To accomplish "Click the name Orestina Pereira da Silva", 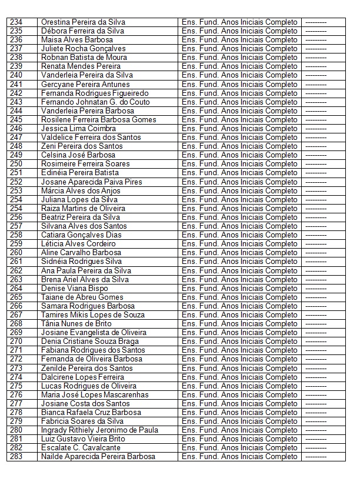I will coord(83,22).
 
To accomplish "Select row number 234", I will coord(16,22).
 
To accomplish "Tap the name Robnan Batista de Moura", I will coord(83,58).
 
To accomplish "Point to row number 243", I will coord(16,102).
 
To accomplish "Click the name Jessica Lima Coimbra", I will coord(78,129).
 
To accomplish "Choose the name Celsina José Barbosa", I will coord(78,155).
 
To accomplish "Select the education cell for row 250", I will coord(239,164).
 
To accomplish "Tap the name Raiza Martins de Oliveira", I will coord(83,209).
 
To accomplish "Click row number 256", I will coord(16,217).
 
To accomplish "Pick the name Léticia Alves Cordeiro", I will coord(78,244).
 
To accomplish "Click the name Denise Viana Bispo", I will coord(75,289).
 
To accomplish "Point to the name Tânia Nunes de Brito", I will coord(76,324).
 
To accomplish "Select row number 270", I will coord(16,342).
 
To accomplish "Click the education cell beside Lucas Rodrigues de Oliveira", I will coord(239,386).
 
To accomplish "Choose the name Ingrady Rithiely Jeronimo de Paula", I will coord(99,430).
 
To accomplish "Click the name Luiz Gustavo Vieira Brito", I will coord(83,439).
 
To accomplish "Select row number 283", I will coord(16,457).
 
